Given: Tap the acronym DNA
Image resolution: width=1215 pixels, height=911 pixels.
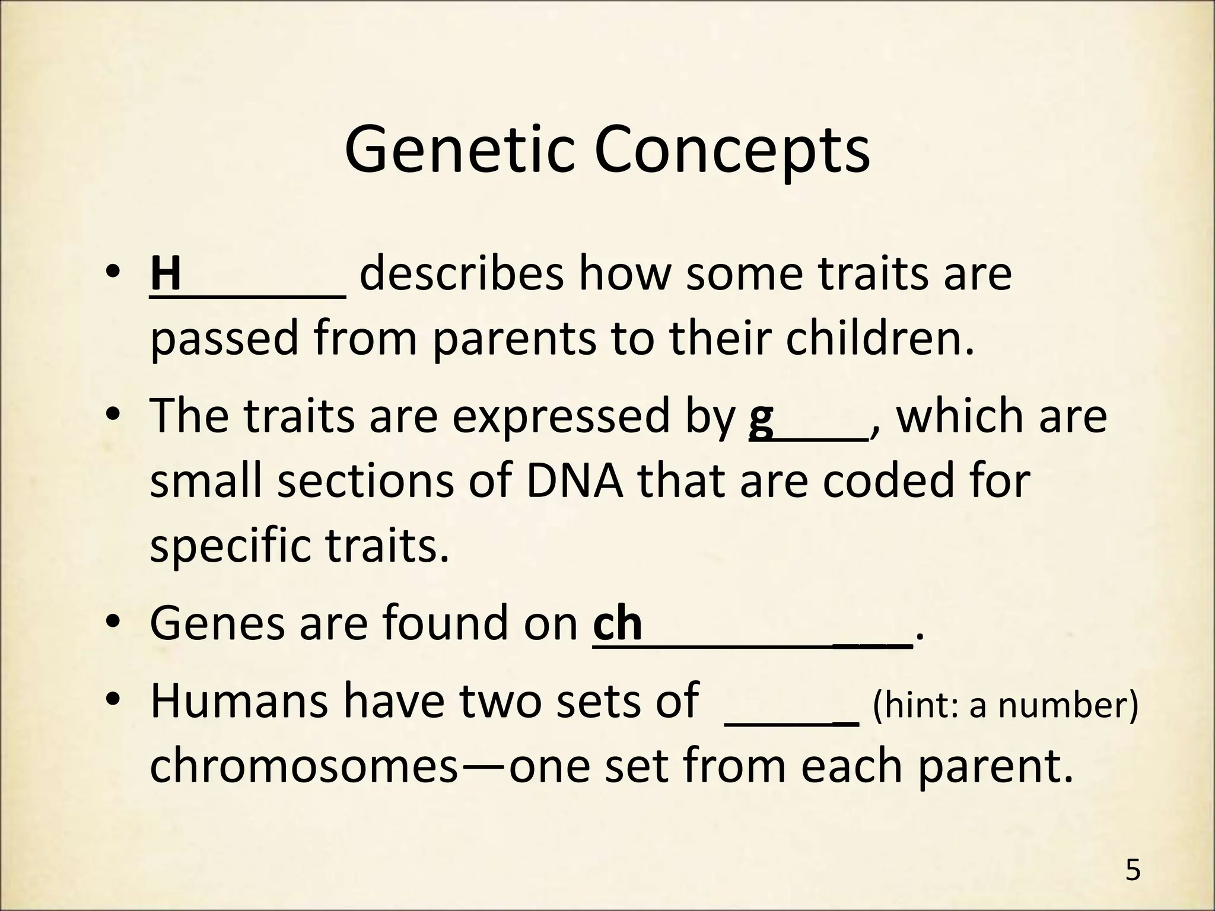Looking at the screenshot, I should pyautogui.click(x=574, y=480).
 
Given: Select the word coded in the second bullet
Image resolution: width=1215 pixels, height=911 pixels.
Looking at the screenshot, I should pyautogui.click(x=874, y=480).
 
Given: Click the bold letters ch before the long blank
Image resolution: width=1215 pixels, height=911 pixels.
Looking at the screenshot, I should pyautogui.click(x=618, y=623).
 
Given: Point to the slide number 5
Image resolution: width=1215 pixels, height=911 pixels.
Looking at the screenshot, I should pyautogui.click(x=1133, y=871).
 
